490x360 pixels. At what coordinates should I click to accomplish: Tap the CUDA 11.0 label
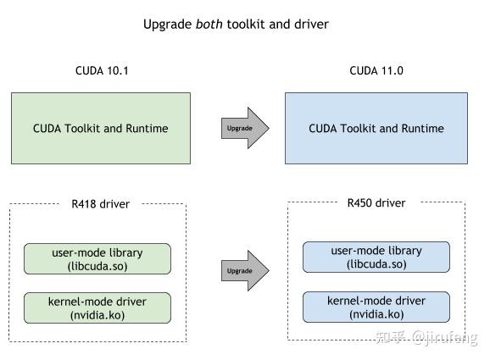pos(376,71)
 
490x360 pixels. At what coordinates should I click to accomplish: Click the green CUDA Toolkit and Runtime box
pos(100,129)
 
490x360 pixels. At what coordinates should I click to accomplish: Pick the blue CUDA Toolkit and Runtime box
pos(376,129)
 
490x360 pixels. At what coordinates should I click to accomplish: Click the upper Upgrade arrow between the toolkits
pos(244,129)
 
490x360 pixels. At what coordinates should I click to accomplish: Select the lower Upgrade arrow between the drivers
pos(244,271)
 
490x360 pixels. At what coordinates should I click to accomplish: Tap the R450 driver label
pos(376,203)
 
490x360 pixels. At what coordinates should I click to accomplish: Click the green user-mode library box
pos(97,259)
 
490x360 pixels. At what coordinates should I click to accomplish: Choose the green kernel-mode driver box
pos(97,307)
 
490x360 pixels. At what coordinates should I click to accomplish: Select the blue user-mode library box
pos(376,258)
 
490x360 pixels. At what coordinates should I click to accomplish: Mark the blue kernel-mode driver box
pos(376,307)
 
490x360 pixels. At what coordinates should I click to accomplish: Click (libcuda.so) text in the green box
pos(97,266)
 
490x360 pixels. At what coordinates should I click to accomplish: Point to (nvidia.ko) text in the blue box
pos(376,313)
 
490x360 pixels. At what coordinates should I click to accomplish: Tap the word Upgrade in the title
pos(168,25)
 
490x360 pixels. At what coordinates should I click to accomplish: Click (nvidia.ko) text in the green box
pos(97,314)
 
